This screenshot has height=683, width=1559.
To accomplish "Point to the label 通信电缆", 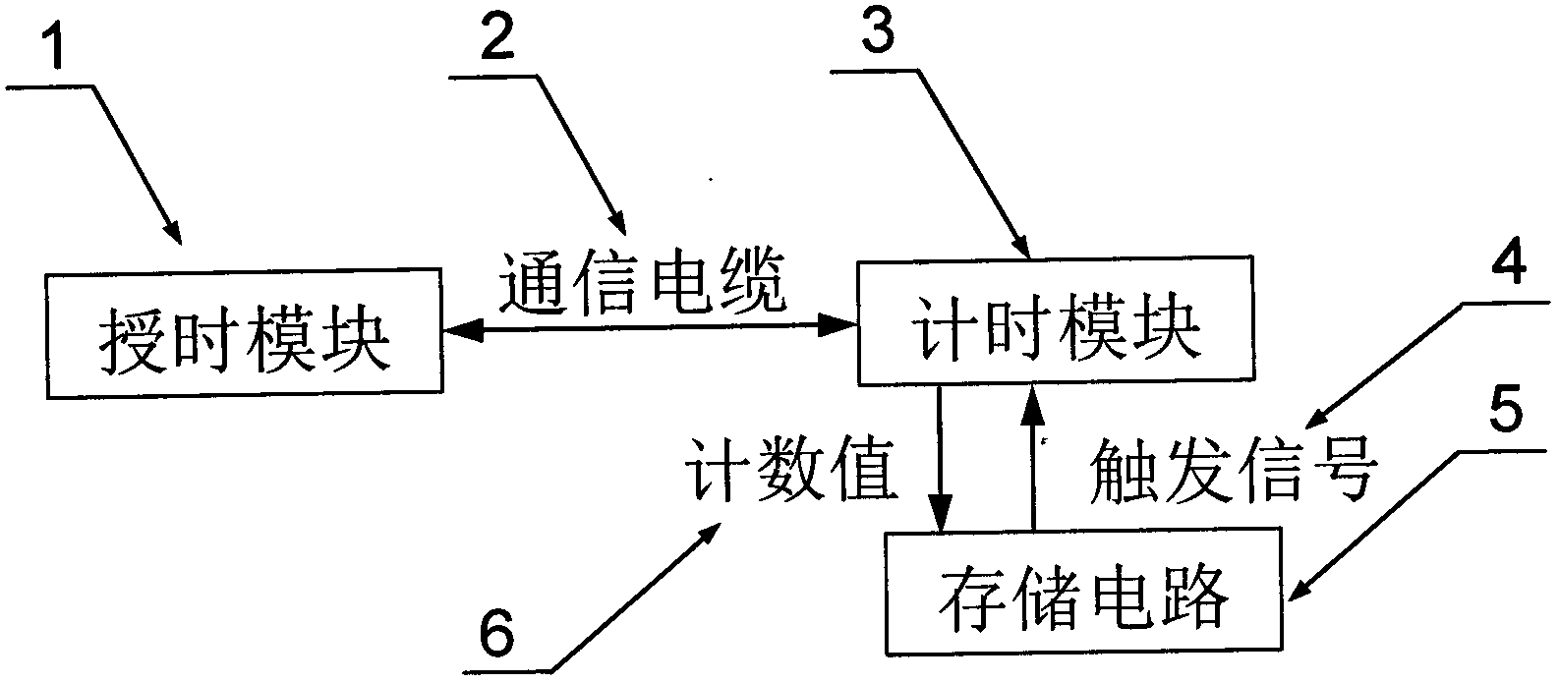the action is coord(643,282).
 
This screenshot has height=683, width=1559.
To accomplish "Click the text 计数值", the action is coord(791,469).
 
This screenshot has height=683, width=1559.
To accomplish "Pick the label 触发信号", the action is coord(1234,470).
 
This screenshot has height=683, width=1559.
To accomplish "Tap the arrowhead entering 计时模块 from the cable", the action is coord(837,324).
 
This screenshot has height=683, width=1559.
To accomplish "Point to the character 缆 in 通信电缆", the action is coord(752,282).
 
